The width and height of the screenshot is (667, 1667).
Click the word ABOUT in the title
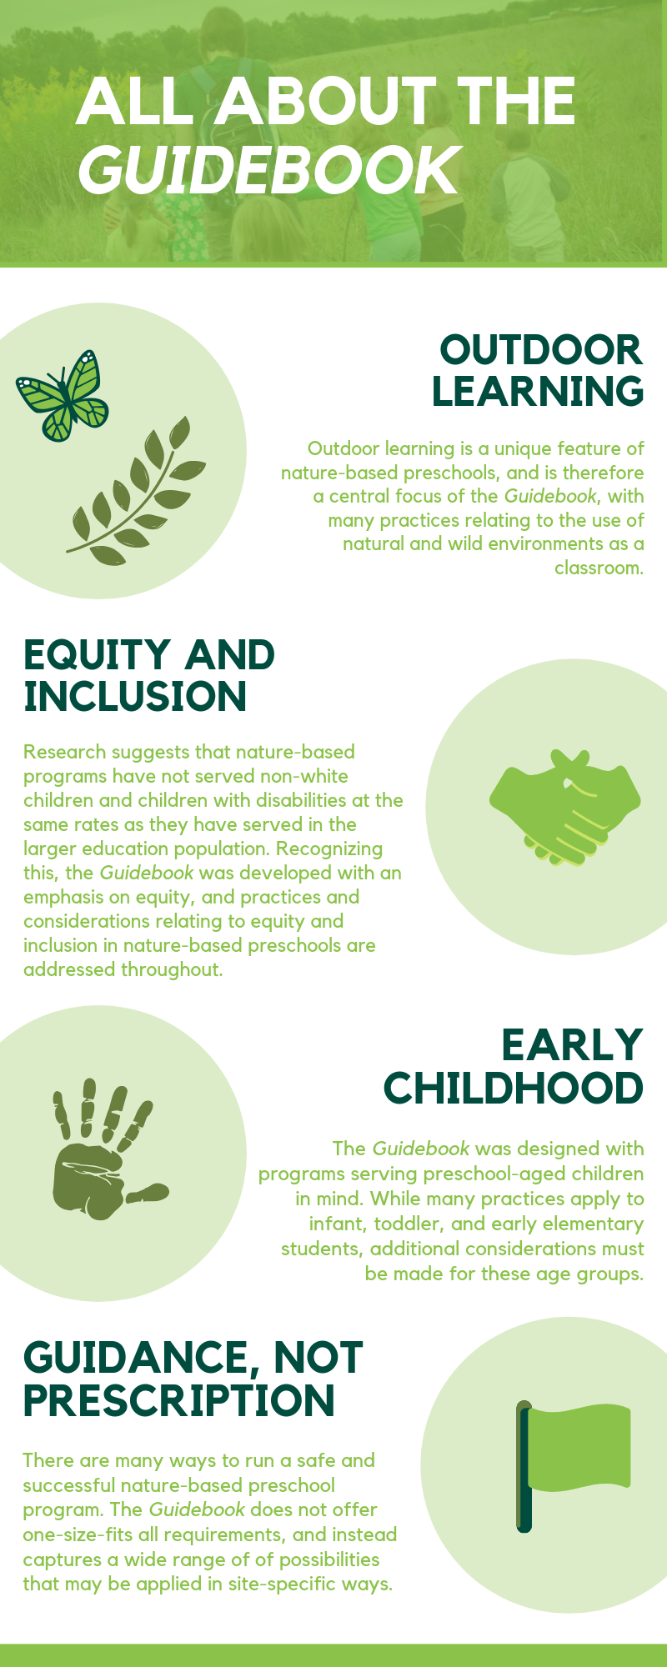pos(325,101)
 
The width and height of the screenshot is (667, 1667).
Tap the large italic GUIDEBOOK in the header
pos(269,169)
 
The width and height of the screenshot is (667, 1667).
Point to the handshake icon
pos(564,807)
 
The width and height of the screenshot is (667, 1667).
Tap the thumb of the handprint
pos(147,1193)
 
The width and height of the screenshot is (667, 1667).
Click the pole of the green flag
pos(524,1466)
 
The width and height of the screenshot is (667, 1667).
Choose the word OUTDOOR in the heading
pos(541,350)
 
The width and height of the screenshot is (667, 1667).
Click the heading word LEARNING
pos(538,392)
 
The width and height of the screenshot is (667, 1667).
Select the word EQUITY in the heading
pos(98,656)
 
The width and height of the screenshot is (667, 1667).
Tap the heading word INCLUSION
pos(135,697)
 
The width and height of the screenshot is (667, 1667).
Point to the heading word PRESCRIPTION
pos(178,1400)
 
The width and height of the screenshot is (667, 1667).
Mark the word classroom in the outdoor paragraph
pos(599,568)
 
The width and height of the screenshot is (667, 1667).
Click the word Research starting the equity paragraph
pos(65,752)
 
